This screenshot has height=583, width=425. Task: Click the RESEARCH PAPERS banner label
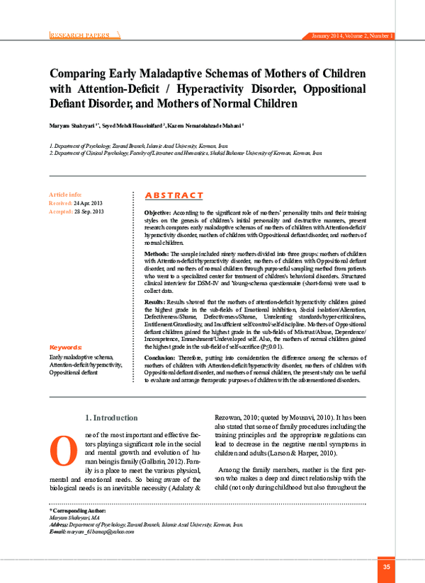coord(79,35)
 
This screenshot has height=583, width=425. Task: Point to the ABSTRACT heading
coord(174,195)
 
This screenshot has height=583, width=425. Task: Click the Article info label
coord(65,194)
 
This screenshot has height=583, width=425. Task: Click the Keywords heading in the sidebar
coord(65,347)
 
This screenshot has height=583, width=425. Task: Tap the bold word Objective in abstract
coord(157,212)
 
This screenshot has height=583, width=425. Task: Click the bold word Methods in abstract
coord(156,253)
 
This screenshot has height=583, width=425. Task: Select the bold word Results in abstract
coord(155,301)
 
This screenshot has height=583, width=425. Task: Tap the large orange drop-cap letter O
coord(61,447)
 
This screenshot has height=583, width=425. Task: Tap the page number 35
coord(386,567)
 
